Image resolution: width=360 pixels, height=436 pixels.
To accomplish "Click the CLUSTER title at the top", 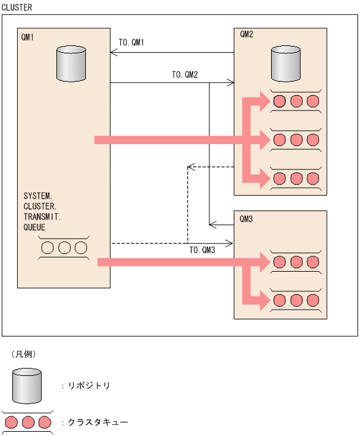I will point(17,7).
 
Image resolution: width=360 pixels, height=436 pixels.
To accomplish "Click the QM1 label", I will point(28,37).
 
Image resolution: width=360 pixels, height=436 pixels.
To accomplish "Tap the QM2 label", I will point(247,34).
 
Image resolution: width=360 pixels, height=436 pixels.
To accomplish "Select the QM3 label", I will point(247,218).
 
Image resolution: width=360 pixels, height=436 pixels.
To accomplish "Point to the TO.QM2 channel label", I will point(185,75).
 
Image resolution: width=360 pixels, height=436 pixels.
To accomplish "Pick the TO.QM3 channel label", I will point(202,250).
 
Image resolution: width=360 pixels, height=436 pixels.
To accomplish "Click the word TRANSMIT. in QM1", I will point(42,216).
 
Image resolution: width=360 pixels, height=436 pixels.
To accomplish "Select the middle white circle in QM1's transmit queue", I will point(64,248).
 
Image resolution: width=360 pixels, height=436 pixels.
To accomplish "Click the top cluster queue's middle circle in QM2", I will point(297,101).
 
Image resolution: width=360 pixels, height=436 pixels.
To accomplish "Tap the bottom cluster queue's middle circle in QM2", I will point(297,178).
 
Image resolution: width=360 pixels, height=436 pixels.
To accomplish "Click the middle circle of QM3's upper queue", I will point(297,262).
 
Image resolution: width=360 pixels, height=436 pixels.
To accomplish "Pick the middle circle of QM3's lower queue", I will point(297,300).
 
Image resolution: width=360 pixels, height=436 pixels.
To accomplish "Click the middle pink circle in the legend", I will point(27,423).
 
